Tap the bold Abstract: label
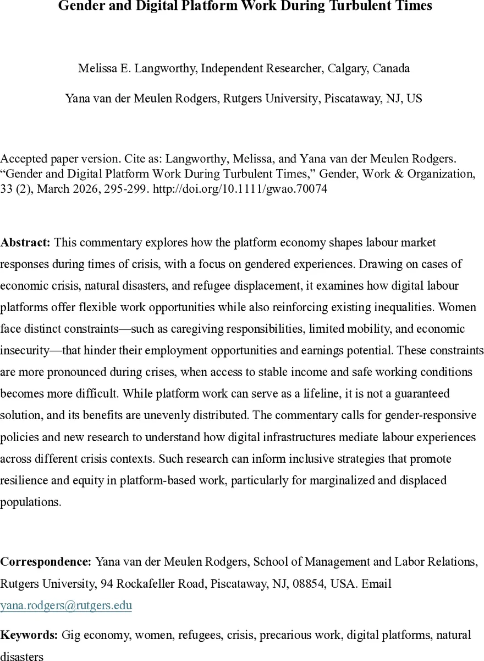coord(25,242)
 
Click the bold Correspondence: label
coord(46,562)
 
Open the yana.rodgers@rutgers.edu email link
coord(66,605)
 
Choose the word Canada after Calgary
coord(392,69)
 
